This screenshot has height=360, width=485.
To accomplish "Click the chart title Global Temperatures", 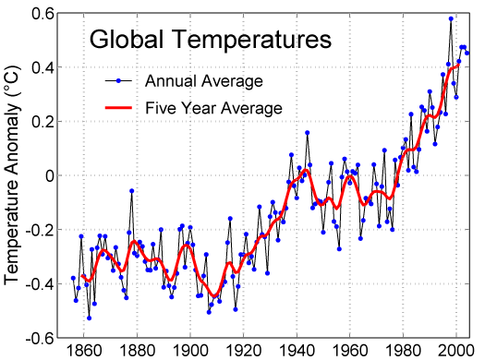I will click(x=209, y=41).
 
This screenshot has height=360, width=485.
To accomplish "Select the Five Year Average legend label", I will click(x=213, y=108).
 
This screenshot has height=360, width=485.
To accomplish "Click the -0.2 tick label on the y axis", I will click(x=39, y=229).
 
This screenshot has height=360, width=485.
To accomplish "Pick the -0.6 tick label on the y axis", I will click(x=39, y=337).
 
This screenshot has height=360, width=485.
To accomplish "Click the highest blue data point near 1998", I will click(x=451, y=18).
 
